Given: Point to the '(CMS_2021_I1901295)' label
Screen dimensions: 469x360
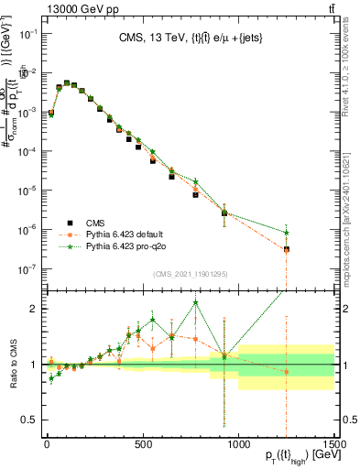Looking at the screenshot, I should [x=189, y=274].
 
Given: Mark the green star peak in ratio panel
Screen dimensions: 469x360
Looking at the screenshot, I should [x=195, y=303].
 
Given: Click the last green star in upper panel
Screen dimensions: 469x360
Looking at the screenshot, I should [x=287, y=232].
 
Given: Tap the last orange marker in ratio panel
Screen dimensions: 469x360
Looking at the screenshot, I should [x=287, y=371].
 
